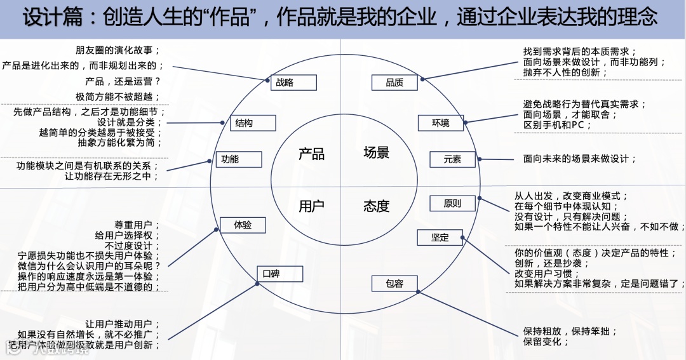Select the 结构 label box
coord(252,123)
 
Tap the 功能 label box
coord(238,159)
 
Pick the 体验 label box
coord(243,224)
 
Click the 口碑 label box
coord(279,274)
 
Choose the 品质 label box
coord(394,82)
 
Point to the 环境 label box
coord(441,123)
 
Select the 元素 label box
coord(452,159)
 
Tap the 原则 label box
coord(452,204)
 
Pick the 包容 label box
coord(394,283)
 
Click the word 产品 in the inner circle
coord(311,154)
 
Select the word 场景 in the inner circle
coord(376,152)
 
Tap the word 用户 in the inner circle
coord(311,206)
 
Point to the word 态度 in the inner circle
coord(376,206)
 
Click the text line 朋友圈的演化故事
coord(118,50)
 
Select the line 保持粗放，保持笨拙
coord(570,331)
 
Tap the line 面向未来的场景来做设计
coord(579,159)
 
